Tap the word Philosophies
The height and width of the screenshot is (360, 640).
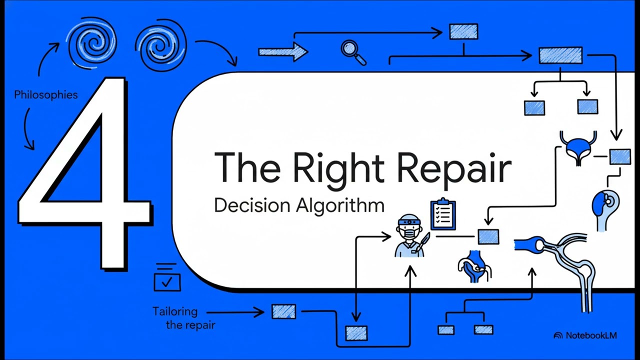click(x=46, y=95)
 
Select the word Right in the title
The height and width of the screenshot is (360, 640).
click(x=338, y=168)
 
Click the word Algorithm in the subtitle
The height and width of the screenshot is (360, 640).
click(x=340, y=205)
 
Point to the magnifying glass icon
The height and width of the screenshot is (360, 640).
click(x=353, y=52)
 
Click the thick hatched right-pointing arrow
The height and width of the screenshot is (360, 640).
click(x=283, y=51)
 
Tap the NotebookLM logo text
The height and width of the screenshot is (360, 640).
click(x=591, y=335)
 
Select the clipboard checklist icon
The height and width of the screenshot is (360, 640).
click(x=443, y=213)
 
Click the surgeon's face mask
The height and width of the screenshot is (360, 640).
click(x=409, y=233)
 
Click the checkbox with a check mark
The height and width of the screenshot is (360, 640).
click(x=167, y=282)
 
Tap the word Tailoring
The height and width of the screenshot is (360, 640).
click(x=175, y=311)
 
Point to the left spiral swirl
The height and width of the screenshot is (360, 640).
click(x=91, y=43)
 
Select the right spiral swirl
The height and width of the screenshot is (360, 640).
click(x=160, y=45)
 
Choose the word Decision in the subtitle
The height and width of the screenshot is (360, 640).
click(x=252, y=205)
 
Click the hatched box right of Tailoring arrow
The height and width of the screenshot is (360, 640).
click(x=283, y=311)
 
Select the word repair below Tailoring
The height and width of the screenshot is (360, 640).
click(x=190, y=325)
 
